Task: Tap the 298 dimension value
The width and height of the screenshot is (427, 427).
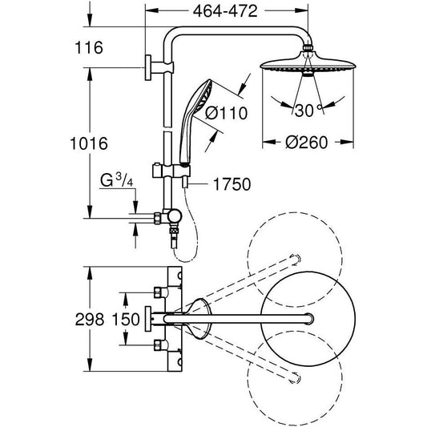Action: tap(89, 320)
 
